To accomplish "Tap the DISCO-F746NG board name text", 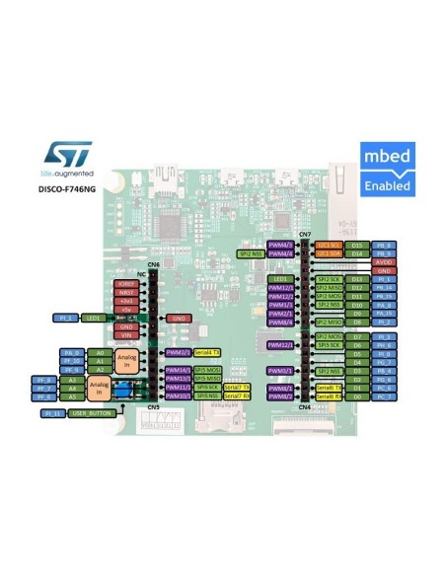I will pos(66,187).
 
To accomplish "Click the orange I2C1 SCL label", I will pos(329,244).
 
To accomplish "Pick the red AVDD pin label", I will pos(385,262).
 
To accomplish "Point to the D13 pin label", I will pos(357,279).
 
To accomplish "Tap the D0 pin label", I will pos(357,397).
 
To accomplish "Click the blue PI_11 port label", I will pos(52,414).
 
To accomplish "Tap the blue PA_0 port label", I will pos(71,352).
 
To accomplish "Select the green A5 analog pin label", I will pos(98,396).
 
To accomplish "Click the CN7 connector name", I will pos(305,234).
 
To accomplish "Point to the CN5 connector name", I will pos(153,406).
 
